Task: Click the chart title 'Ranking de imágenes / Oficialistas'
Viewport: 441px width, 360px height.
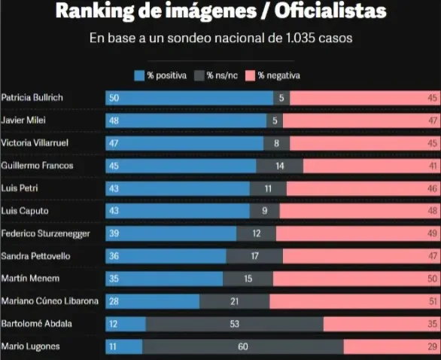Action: [220, 12]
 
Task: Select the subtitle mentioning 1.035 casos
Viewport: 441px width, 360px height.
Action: [220, 37]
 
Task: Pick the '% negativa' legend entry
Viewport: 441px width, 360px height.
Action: [278, 75]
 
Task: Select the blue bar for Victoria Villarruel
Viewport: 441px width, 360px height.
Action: [184, 143]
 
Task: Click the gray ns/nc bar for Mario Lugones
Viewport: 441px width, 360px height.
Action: [243, 346]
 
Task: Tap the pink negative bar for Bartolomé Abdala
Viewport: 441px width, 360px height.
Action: [382, 324]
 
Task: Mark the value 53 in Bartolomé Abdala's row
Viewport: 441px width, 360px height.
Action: [235, 324]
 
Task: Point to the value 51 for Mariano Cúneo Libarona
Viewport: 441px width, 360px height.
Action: [430, 301]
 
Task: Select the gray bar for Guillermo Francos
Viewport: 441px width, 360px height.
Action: [280, 166]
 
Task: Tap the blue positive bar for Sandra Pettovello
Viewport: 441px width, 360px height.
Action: [166, 256]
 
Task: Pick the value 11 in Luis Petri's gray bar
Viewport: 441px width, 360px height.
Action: [268, 188]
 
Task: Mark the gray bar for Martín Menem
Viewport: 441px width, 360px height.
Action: [248, 279]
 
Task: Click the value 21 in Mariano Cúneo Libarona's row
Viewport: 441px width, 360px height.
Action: [235, 301]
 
